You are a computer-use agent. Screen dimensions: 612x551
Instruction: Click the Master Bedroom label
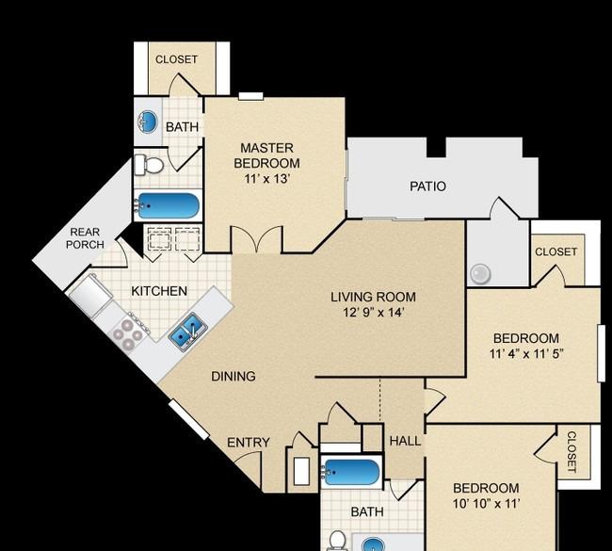(x=267, y=155)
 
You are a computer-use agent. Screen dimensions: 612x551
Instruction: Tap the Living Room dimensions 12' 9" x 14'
(x=373, y=313)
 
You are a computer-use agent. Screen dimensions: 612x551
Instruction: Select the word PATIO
(x=427, y=186)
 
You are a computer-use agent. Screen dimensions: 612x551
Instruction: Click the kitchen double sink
(x=188, y=332)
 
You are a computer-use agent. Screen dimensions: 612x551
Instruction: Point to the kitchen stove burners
(x=128, y=334)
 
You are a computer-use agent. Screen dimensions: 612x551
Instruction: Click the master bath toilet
(x=149, y=165)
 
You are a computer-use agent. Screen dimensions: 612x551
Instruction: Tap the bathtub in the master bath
(x=168, y=205)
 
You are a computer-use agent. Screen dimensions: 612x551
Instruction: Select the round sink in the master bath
(x=148, y=122)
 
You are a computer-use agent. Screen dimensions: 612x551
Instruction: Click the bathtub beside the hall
(x=351, y=472)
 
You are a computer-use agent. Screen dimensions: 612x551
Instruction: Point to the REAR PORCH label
(x=85, y=238)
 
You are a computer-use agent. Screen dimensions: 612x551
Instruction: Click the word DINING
(x=234, y=376)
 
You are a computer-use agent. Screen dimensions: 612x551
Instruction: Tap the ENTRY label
(x=249, y=443)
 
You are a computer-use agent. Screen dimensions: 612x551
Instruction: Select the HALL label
(x=405, y=441)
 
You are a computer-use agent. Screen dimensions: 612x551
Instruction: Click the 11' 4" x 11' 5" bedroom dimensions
(x=526, y=354)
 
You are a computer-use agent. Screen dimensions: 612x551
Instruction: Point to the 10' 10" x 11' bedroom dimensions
(x=487, y=504)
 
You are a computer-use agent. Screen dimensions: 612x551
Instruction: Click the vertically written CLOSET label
(x=571, y=452)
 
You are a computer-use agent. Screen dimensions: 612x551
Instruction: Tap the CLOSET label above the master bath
(x=176, y=59)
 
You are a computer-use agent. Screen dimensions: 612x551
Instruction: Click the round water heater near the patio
(x=480, y=273)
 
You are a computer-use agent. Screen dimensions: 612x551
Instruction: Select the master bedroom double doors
(x=257, y=239)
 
